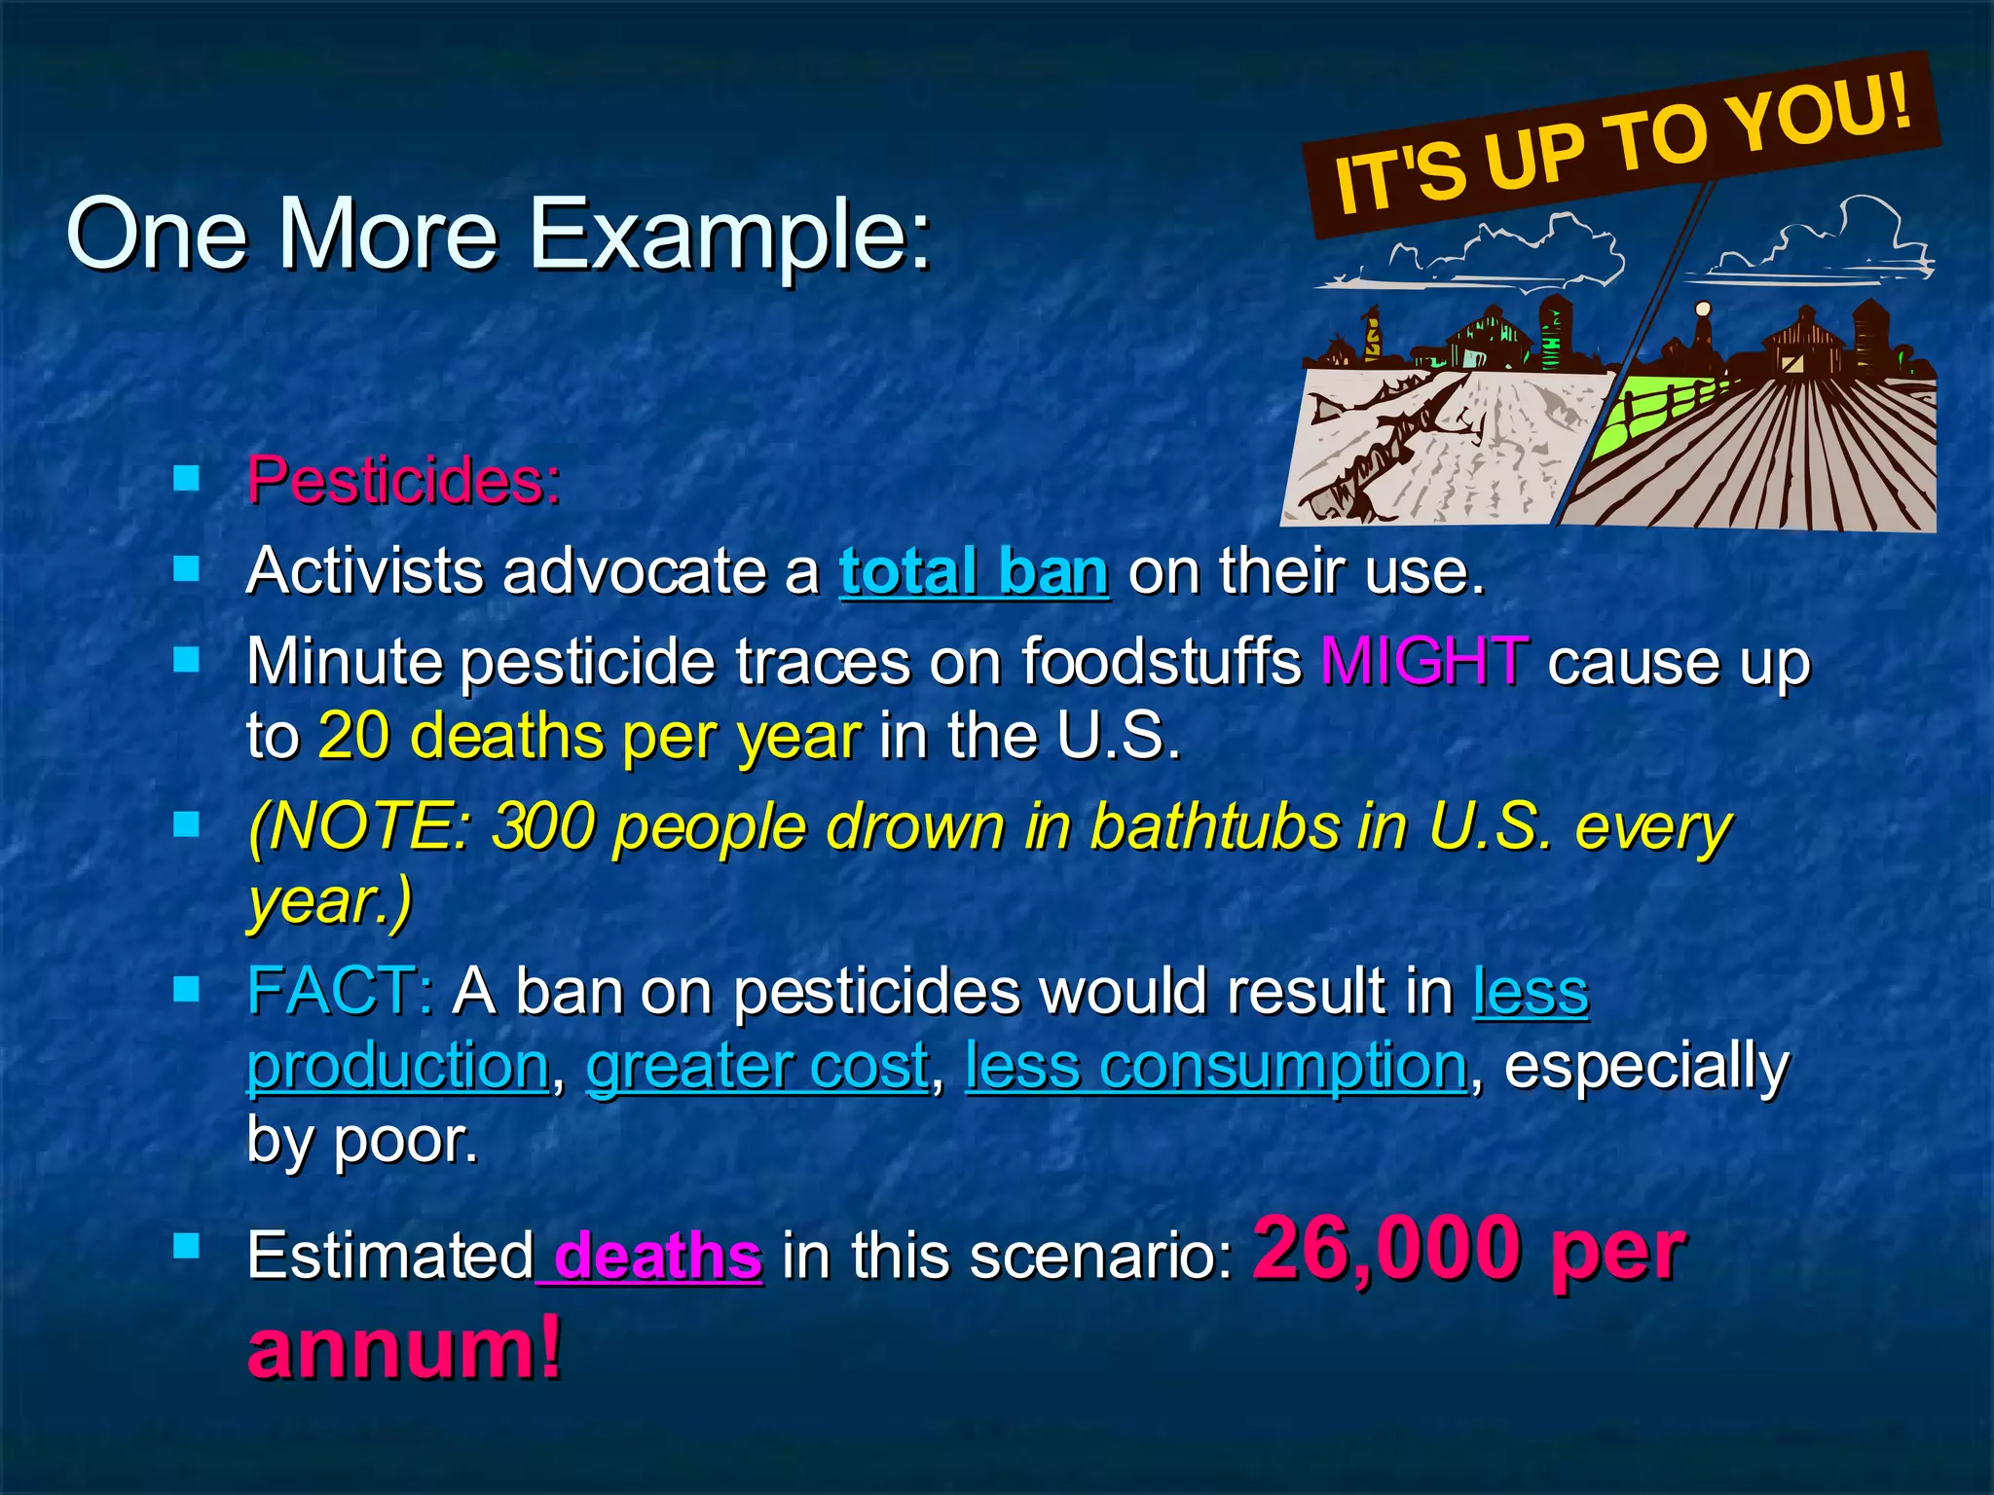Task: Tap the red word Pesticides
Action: pyautogui.click(x=403, y=480)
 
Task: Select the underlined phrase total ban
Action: pyautogui.click(x=974, y=571)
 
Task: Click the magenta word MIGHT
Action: pyautogui.click(x=1423, y=662)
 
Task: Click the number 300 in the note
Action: pyautogui.click(x=541, y=827)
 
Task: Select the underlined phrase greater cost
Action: pyautogui.click(x=757, y=1066)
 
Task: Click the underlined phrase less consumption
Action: pyautogui.click(x=1215, y=1066)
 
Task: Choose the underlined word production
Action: pyautogui.click(x=397, y=1066)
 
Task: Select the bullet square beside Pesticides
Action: pyautogui.click(x=186, y=478)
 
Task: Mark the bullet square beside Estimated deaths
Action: pyautogui.click(x=186, y=1247)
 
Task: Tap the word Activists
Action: pyautogui.click(x=364, y=571)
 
